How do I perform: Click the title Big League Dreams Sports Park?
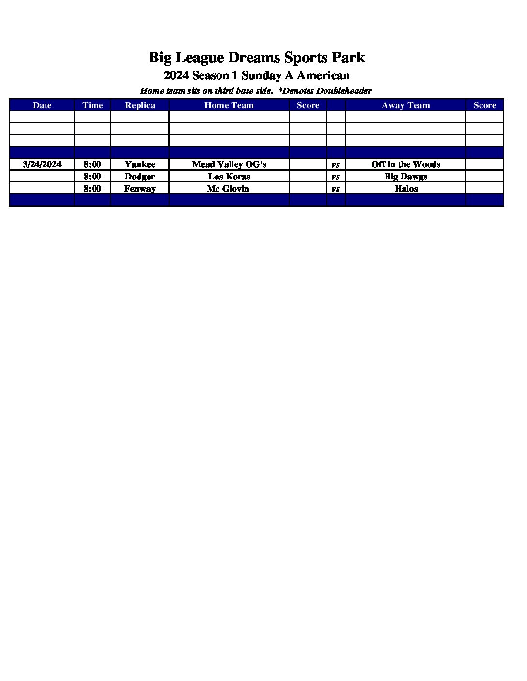pos(256,58)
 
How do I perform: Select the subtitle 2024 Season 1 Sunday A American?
pos(256,75)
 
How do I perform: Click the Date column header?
pos(42,105)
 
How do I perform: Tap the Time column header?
pos(93,105)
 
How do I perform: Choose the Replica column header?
pos(140,105)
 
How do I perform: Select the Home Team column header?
pos(229,105)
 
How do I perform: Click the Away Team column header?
pos(406,105)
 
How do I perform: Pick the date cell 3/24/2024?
pos(42,164)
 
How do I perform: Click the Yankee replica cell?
pos(140,164)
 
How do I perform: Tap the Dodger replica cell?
pos(140,177)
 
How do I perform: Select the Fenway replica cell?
pos(140,189)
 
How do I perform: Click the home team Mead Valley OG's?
pos(229,164)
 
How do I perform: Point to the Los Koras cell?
pos(229,177)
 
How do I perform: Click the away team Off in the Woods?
pos(406,164)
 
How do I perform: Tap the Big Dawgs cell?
pos(406,177)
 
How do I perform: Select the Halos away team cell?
pos(406,189)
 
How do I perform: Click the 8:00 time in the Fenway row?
pos(93,189)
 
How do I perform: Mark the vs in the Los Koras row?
pos(336,177)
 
